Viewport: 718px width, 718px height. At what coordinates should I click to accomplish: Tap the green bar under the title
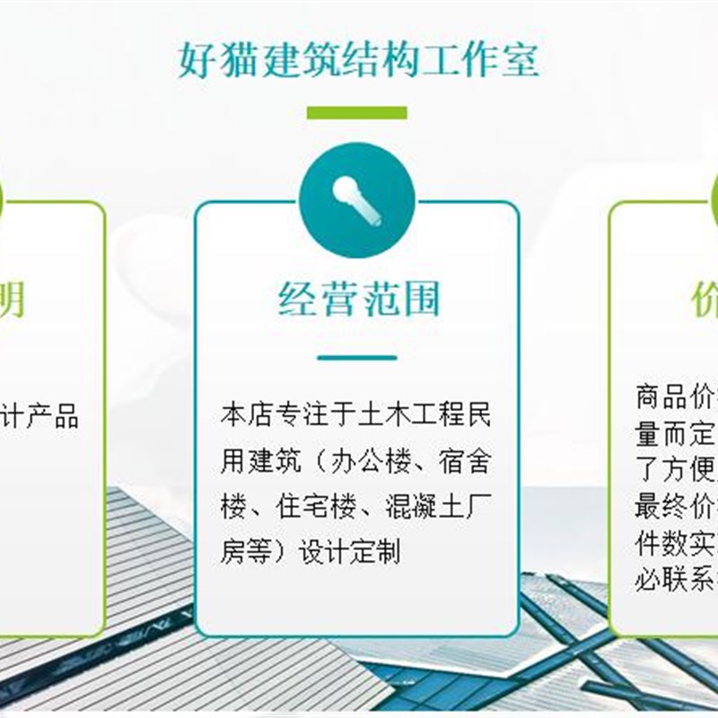[356, 113]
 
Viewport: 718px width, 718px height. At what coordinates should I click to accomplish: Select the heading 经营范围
[358, 299]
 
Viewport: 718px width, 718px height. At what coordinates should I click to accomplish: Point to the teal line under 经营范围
[356, 358]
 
